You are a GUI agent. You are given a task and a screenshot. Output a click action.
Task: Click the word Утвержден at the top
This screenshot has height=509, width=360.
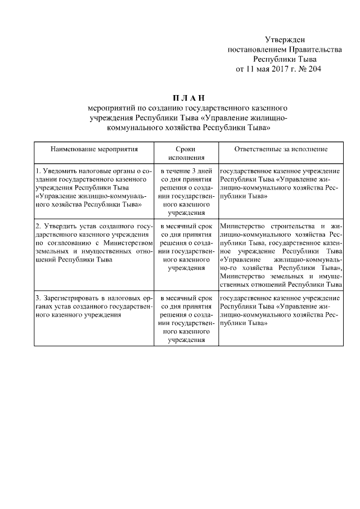coord(285,39)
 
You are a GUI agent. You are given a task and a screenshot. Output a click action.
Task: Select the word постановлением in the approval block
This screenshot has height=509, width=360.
coord(255,49)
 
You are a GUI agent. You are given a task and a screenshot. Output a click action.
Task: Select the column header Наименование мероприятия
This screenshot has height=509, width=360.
coord(93,150)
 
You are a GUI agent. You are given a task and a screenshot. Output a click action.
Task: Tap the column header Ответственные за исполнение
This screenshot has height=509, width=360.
coord(281,150)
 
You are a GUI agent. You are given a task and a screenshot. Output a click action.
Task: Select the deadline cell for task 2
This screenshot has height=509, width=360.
coord(186,247)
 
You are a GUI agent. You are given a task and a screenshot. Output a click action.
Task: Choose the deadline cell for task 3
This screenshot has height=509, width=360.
coord(186,318)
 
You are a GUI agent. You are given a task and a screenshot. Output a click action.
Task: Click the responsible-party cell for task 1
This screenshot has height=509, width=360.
coord(280,183)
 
